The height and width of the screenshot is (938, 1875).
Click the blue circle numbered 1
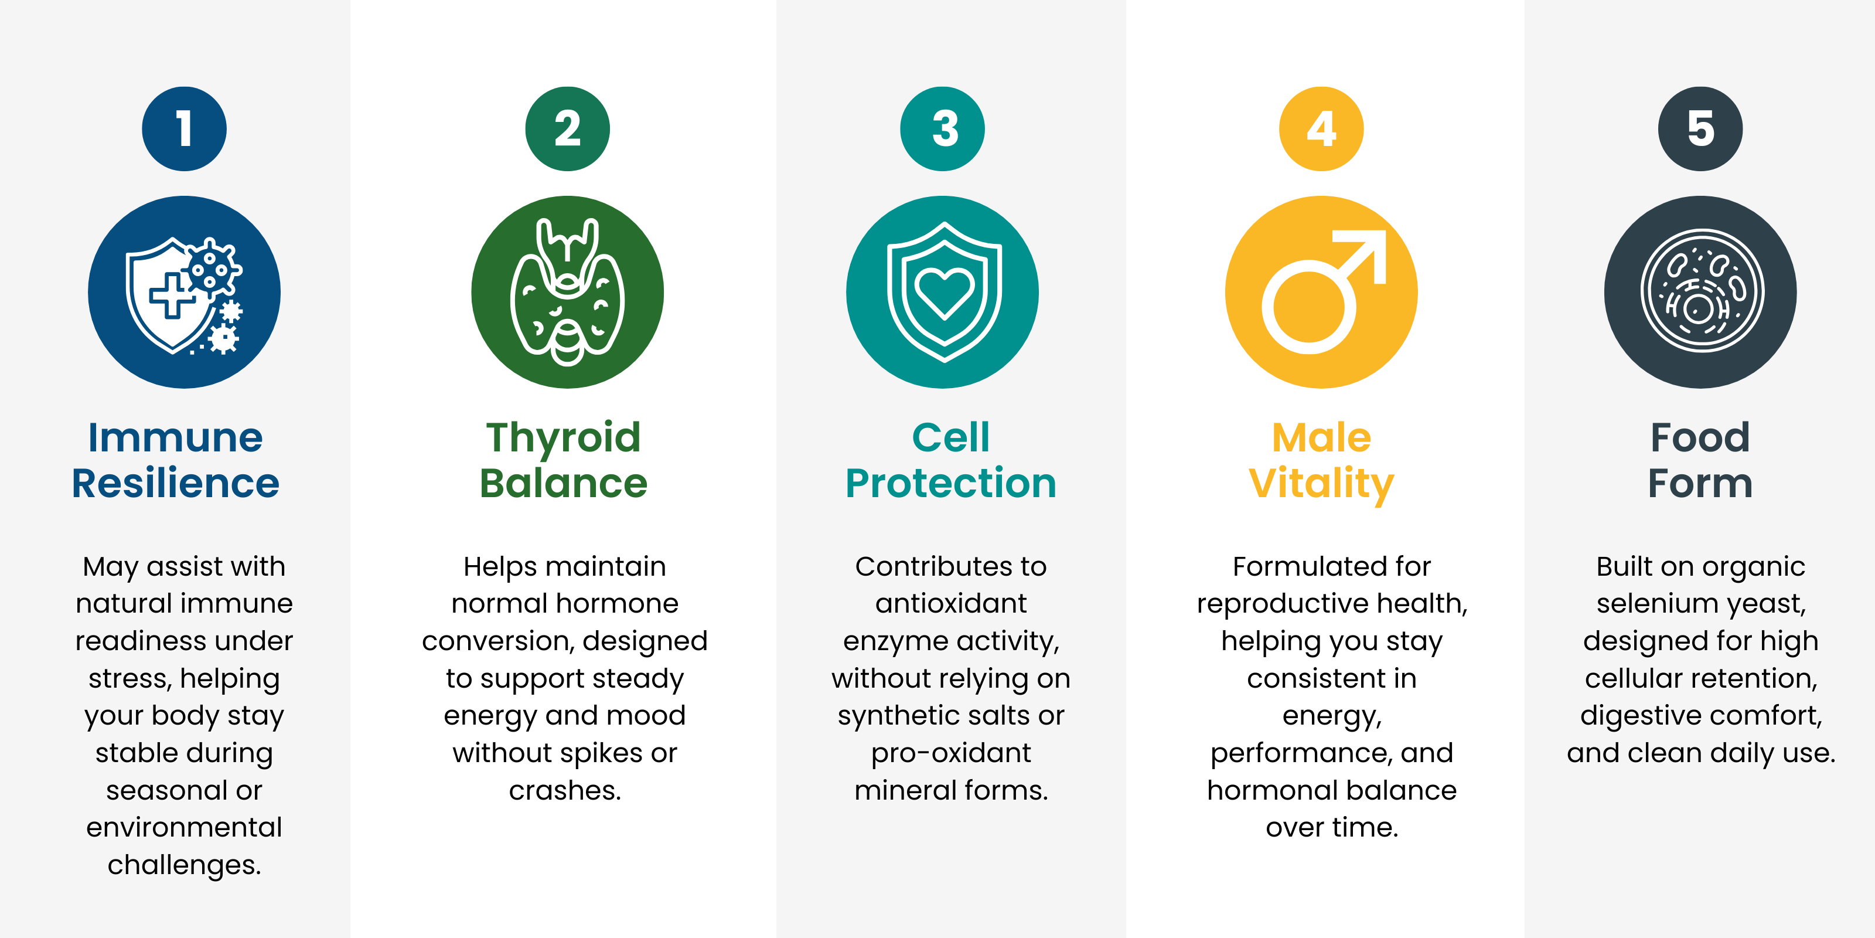(x=184, y=129)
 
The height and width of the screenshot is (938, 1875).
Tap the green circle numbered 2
(x=568, y=129)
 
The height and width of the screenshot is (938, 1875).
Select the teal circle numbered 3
(x=943, y=129)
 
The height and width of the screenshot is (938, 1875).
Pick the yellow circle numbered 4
(x=1322, y=129)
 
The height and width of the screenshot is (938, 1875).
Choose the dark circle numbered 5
(x=1701, y=129)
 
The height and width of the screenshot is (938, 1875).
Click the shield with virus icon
(x=184, y=295)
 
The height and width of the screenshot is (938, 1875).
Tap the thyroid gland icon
(x=568, y=292)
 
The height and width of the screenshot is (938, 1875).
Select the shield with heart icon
(x=944, y=292)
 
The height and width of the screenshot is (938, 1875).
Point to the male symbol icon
(x=1323, y=291)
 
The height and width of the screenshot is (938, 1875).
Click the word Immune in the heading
(x=175, y=438)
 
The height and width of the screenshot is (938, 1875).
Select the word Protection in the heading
(x=950, y=483)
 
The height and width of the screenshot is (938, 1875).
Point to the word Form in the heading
(x=1700, y=483)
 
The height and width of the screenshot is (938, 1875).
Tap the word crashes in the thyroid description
(x=565, y=790)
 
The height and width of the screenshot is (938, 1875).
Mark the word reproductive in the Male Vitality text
(x=1281, y=604)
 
